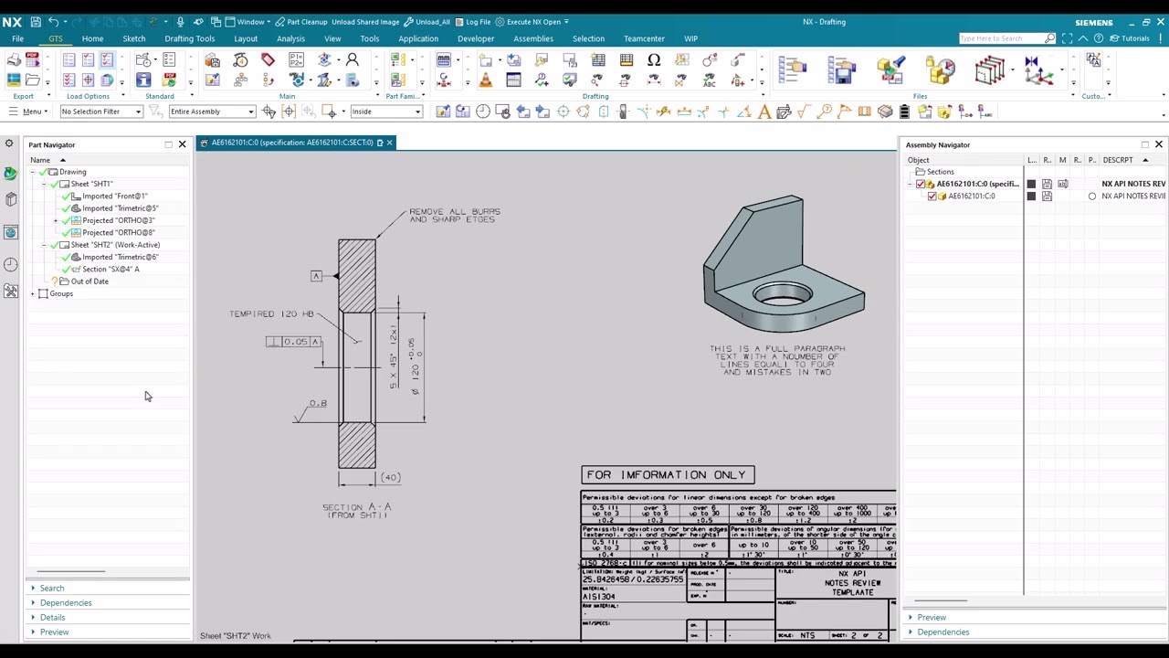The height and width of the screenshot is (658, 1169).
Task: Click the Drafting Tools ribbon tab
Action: click(189, 38)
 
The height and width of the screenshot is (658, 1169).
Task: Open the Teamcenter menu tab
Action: click(644, 38)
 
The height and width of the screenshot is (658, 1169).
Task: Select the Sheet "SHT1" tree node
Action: click(91, 184)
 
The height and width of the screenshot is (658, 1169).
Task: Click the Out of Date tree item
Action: click(90, 281)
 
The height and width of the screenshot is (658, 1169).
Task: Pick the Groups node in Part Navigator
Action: click(61, 293)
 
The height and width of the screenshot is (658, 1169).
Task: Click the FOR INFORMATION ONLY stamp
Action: click(668, 475)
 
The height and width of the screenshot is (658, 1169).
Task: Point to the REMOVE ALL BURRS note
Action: click(454, 215)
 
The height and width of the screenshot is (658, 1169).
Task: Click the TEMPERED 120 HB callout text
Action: click(270, 313)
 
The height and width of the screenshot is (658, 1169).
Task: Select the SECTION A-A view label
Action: click(356, 510)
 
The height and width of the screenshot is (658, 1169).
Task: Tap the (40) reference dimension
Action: click(390, 477)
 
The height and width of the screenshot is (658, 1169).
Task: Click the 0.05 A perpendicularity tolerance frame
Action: click(294, 342)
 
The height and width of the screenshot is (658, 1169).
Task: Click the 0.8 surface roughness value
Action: click(317, 403)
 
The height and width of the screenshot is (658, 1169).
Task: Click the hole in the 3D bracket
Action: click(783, 295)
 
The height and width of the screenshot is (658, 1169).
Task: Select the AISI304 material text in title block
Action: click(599, 597)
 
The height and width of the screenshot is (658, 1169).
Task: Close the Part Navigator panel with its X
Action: click(182, 144)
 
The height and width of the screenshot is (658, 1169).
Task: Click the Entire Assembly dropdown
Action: click(211, 111)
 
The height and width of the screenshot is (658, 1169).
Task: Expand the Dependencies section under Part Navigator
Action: click(66, 603)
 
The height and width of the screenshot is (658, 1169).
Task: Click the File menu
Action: click(17, 38)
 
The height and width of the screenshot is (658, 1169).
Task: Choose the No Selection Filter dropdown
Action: click(101, 111)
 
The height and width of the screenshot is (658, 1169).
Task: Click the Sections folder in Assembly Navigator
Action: click(940, 172)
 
